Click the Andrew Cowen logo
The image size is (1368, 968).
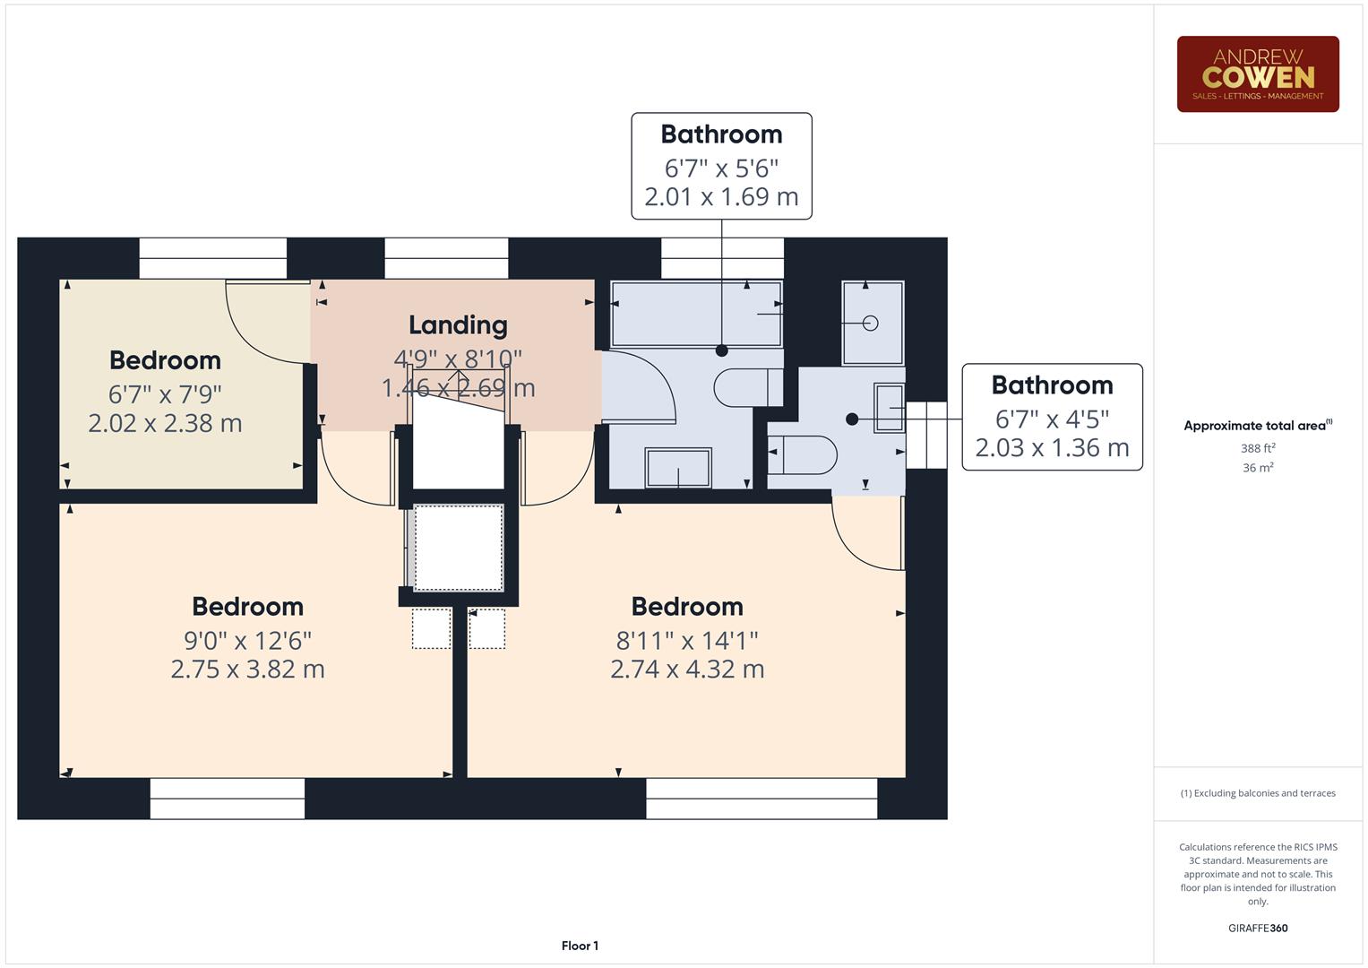(x=1257, y=74)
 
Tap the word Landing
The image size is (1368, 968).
(x=458, y=325)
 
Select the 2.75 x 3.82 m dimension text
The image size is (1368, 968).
(x=247, y=670)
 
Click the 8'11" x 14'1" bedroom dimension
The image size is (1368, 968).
(x=686, y=641)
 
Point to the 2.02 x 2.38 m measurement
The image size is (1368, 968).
(x=165, y=423)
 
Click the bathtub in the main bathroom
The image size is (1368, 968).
(x=695, y=314)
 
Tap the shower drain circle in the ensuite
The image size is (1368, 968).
(x=871, y=324)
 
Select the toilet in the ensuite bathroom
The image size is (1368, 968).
(x=804, y=454)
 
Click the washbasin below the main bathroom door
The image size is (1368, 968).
(x=678, y=468)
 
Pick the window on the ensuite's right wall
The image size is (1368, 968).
(x=926, y=435)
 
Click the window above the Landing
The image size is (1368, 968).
(x=446, y=258)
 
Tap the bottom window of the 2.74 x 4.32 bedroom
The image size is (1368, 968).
(x=761, y=798)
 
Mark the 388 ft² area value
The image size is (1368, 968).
(x=1258, y=448)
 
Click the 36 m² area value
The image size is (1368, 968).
(x=1258, y=468)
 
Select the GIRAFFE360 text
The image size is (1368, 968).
(x=1258, y=929)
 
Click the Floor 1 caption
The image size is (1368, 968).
(x=580, y=946)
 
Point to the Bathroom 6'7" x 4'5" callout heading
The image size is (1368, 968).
(x=1052, y=385)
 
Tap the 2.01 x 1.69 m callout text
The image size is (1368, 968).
(x=721, y=197)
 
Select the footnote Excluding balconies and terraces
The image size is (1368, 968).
(x=1258, y=793)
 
